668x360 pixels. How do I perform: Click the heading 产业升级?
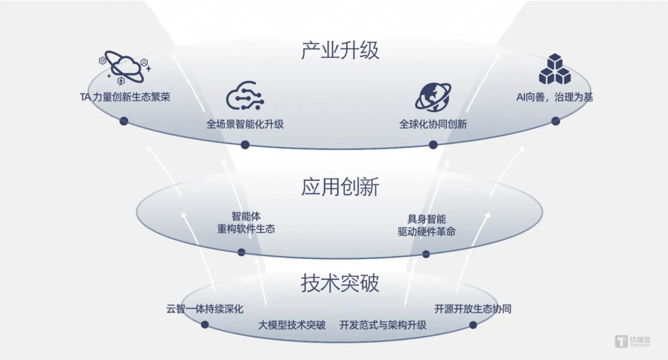click(340, 51)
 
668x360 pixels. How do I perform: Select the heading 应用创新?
click(340, 188)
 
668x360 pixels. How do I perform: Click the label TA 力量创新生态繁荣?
click(125, 97)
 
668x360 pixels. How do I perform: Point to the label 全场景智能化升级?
click(245, 124)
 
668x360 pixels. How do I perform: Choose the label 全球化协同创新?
click(433, 124)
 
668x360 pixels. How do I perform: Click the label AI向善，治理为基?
click(555, 97)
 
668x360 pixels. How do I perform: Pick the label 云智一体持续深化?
click(205, 309)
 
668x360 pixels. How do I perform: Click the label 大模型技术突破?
click(292, 326)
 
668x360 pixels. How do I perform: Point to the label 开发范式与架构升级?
click(383, 326)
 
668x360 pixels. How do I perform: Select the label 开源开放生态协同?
click(473, 309)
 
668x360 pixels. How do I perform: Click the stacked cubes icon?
click(555, 70)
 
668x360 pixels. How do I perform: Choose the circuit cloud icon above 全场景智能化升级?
click(245, 96)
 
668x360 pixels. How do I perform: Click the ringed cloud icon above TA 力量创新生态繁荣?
click(125, 67)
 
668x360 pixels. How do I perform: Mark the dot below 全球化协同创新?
click(433, 145)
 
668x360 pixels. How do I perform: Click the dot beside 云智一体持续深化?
click(205, 325)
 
